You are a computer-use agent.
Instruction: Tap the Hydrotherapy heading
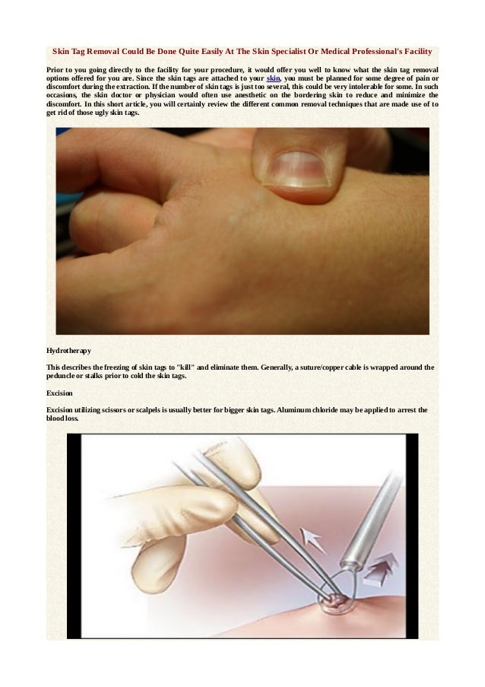[x=69, y=351]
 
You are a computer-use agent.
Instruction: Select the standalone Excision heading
[x=59, y=393]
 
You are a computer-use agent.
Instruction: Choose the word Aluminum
[x=298, y=410]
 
